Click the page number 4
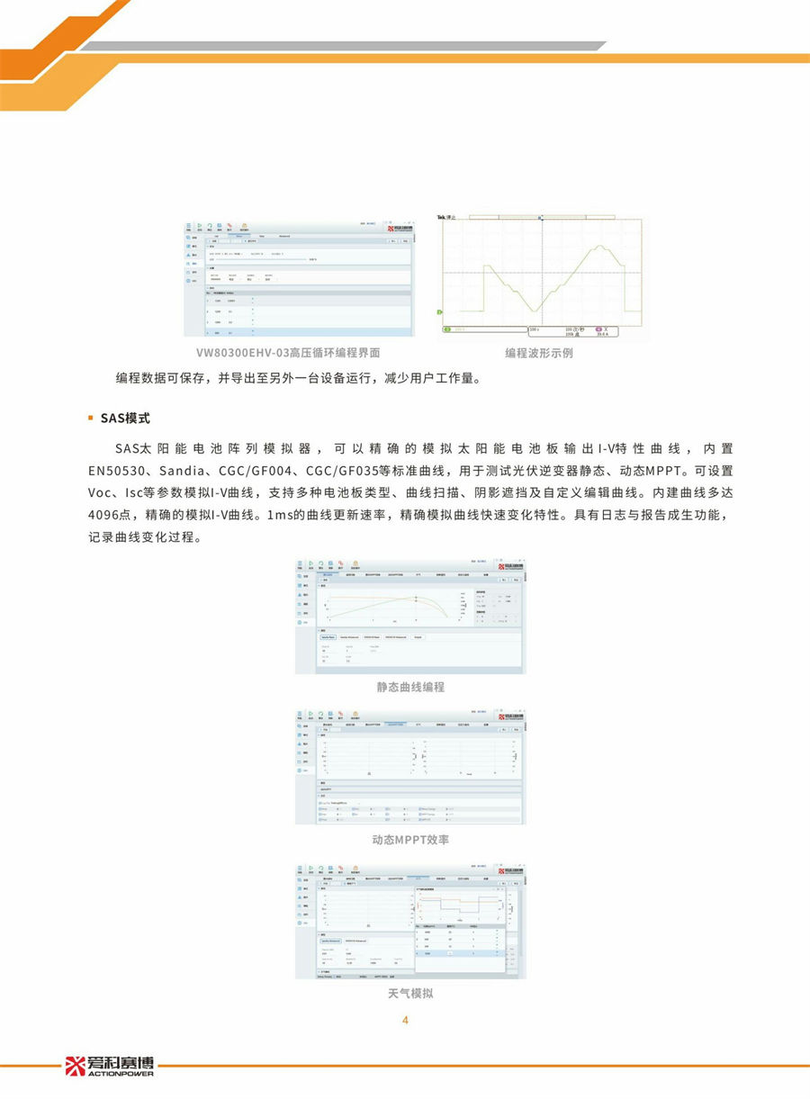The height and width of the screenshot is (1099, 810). click(x=405, y=1020)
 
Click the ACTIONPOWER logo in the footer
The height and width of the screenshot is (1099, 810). click(x=110, y=1067)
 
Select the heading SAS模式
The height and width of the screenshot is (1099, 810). click(x=125, y=419)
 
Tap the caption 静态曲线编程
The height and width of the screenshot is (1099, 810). click(x=410, y=687)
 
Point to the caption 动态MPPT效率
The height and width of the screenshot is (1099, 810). click(x=410, y=840)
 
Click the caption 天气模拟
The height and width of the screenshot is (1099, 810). click(x=410, y=994)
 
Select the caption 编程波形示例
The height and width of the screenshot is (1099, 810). click(x=538, y=353)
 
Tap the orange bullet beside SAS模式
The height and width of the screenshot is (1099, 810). click(x=91, y=419)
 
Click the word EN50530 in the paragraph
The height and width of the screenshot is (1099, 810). click(x=120, y=471)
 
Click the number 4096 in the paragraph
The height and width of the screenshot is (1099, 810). click(x=105, y=516)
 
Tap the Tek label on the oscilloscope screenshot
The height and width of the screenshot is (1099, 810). click(x=442, y=218)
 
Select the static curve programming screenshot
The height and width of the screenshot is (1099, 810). click(x=410, y=617)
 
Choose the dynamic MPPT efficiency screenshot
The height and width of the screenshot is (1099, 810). click(x=410, y=766)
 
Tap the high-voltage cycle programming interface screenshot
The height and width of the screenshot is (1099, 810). click(x=300, y=277)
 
